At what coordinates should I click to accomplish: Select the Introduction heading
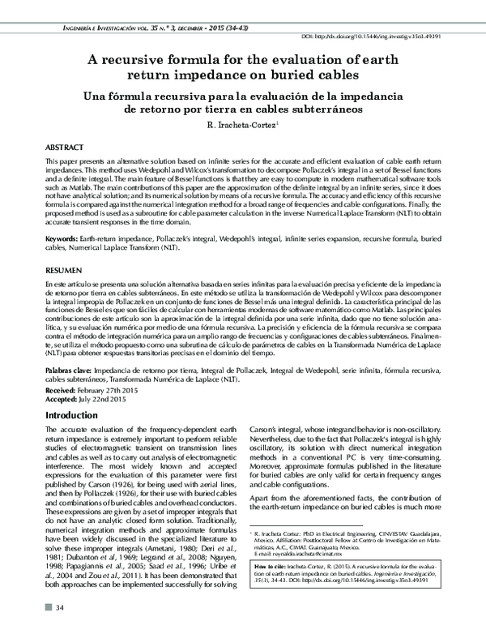click(72, 415)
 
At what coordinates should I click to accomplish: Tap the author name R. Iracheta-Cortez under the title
click(241, 125)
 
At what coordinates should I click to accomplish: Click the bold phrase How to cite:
click(274, 562)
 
